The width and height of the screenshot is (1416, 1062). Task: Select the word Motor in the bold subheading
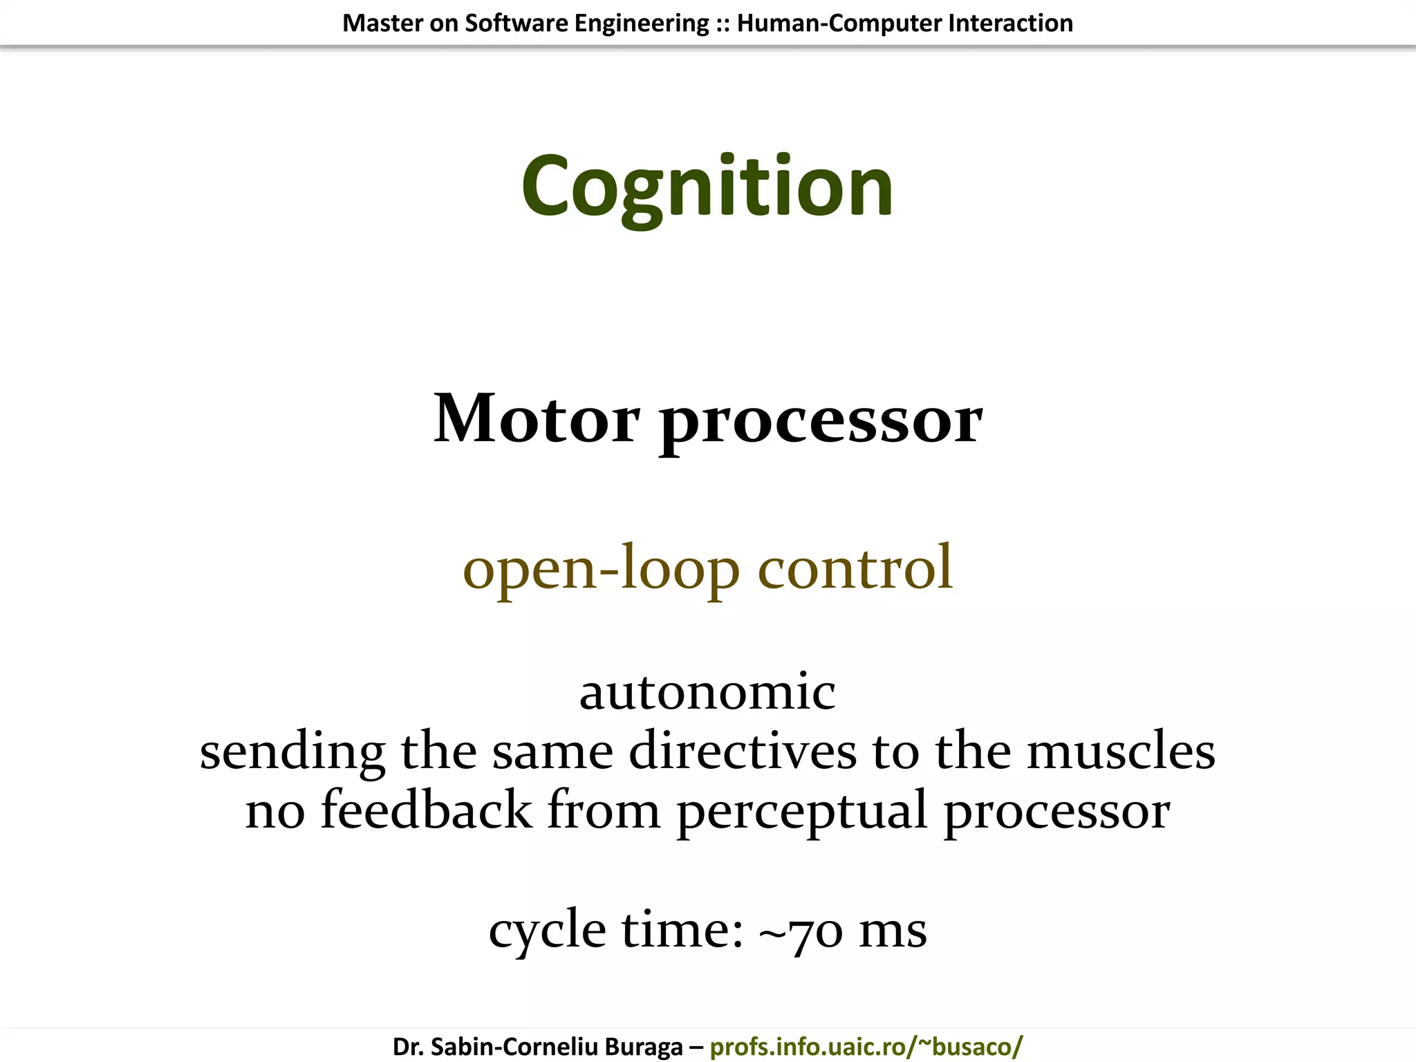point(537,419)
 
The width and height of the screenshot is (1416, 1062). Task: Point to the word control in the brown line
point(855,567)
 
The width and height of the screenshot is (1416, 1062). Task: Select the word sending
point(292,752)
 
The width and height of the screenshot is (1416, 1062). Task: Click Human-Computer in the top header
point(839,24)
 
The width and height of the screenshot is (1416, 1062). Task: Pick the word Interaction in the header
point(1010,24)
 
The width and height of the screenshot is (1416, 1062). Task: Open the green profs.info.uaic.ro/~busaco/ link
point(866,1047)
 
